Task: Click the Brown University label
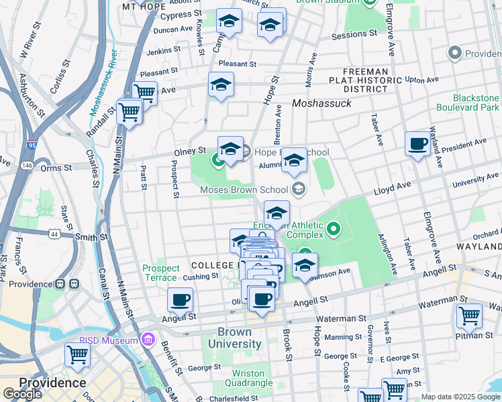[234, 338]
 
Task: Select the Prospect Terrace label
[161, 273]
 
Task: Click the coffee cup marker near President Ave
[417, 144]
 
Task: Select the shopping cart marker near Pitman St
[468, 316]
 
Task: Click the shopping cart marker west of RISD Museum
[78, 355]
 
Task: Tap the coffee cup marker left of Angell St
[180, 300]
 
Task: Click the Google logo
[22, 394]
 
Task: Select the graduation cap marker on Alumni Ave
[294, 161]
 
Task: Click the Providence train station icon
[64, 283]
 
